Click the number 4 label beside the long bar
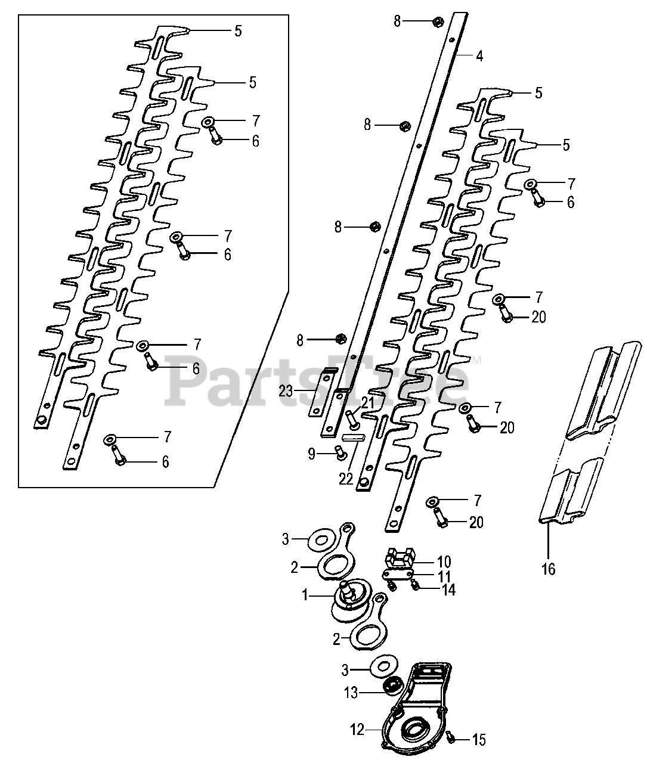click(x=479, y=57)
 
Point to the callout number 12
click(x=357, y=730)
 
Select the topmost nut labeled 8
click(x=436, y=21)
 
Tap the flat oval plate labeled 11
click(x=398, y=573)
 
